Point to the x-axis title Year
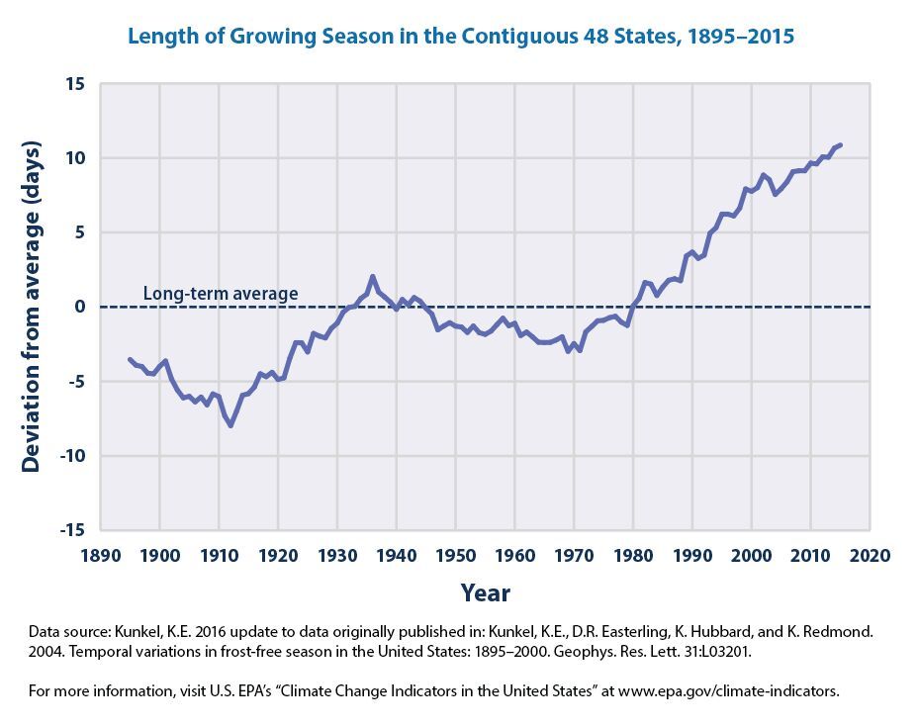coord(485,593)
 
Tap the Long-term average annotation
coord(220,294)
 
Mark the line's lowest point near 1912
coord(230,425)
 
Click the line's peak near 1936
coord(372,277)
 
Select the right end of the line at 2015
coord(840,145)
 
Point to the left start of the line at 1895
coord(130,359)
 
